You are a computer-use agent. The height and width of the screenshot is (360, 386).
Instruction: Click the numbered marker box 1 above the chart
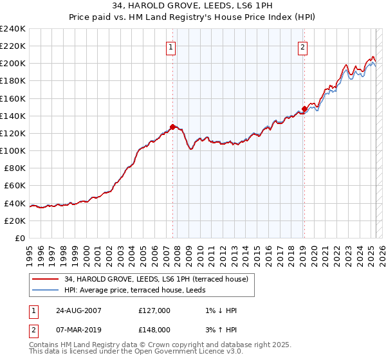(171, 46)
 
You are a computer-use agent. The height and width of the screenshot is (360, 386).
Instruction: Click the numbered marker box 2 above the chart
(302, 46)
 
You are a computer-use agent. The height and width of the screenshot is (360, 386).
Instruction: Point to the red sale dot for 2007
(172, 127)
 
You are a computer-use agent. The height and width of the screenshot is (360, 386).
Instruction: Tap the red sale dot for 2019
(304, 109)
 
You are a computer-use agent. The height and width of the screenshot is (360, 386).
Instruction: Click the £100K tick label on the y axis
(12, 150)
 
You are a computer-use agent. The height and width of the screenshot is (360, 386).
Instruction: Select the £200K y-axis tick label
(12, 64)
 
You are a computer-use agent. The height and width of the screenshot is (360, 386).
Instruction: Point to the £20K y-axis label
(15, 220)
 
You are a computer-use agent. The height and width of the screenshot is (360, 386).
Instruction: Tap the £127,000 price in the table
(154, 310)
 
